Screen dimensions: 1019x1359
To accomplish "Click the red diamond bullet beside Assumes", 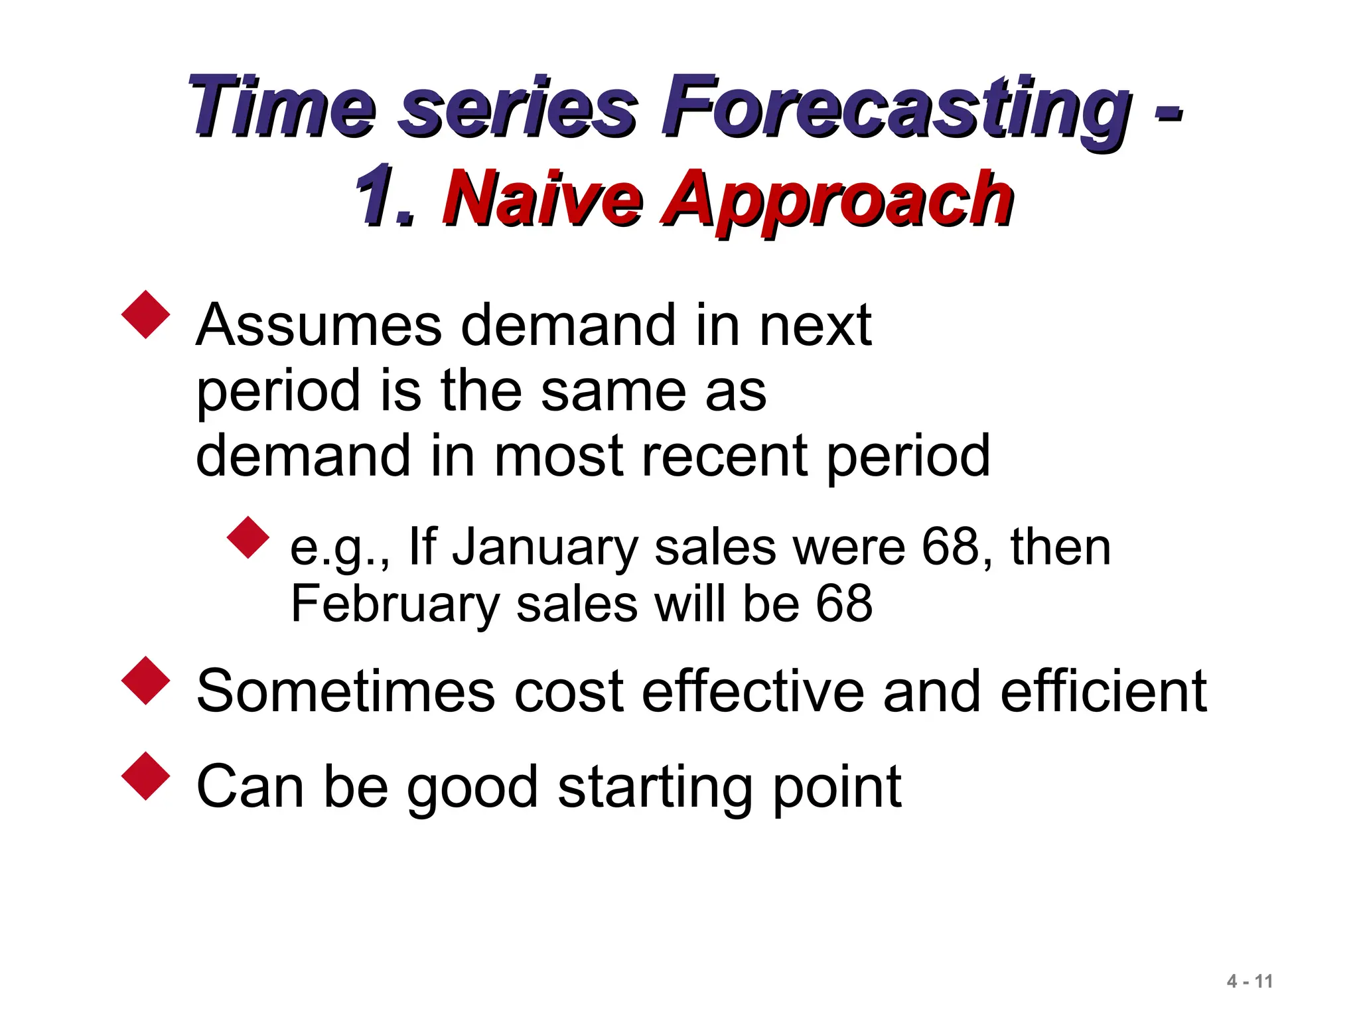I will point(146,314).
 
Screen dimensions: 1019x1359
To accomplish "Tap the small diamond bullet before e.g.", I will point(248,537).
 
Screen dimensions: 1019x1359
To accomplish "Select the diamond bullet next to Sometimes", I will point(146,680).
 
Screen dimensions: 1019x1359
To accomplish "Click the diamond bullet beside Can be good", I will point(146,776).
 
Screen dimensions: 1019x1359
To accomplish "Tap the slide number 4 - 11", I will point(1250,981).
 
